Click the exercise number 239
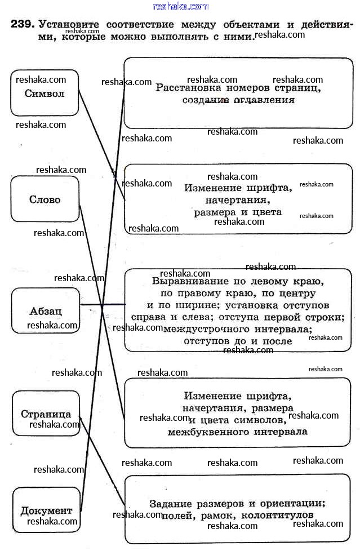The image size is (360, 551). click(22, 25)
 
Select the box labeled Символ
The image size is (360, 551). click(45, 93)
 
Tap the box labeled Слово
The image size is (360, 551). click(45, 199)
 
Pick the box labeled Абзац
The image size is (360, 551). click(46, 311)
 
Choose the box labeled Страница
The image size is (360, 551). click(46, 414)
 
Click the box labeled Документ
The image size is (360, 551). click(46, 510)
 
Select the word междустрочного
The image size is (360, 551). click(199, 329)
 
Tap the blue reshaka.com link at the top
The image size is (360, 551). click(180, 6)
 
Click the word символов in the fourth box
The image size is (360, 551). click(259, 420)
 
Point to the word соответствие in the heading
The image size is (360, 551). click(146, 25)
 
